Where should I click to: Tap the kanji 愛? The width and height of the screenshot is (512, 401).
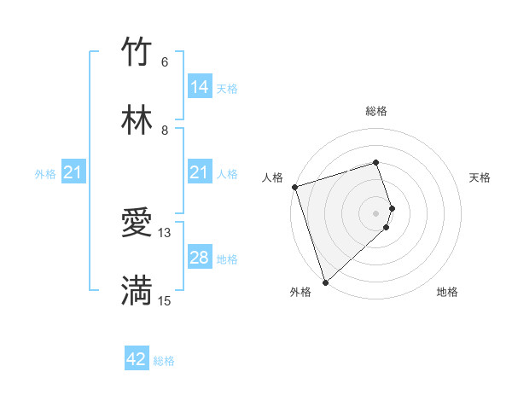coord(137,223)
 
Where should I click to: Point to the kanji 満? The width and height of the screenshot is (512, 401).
coord(137,290)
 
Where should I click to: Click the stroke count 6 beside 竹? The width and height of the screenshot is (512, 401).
coord(165,61)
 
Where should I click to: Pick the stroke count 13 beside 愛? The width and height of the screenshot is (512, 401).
coord(165,232)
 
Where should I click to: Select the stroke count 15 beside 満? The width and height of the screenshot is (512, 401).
coord(165,300)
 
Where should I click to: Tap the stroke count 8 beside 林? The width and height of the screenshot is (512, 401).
coord(165,130)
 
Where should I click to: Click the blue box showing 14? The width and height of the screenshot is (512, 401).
coord(200,86)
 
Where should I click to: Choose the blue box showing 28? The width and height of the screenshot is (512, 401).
coord(200,258)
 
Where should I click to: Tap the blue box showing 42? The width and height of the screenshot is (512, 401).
coord(137,359)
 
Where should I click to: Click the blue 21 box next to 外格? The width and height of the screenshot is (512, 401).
coord(73,173)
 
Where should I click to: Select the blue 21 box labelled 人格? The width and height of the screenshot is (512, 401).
coord(200,173)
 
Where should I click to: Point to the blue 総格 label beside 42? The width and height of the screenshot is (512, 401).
coord(164,361)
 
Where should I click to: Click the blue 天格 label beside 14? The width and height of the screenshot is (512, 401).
coord(227,88)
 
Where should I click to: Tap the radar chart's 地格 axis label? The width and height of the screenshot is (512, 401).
coord(447,292)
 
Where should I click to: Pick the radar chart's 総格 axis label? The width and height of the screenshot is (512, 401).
coord(376,111)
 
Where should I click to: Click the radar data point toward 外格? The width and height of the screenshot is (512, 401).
coord(324,282)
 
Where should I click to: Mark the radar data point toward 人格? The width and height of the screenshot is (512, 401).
coord(294,187)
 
